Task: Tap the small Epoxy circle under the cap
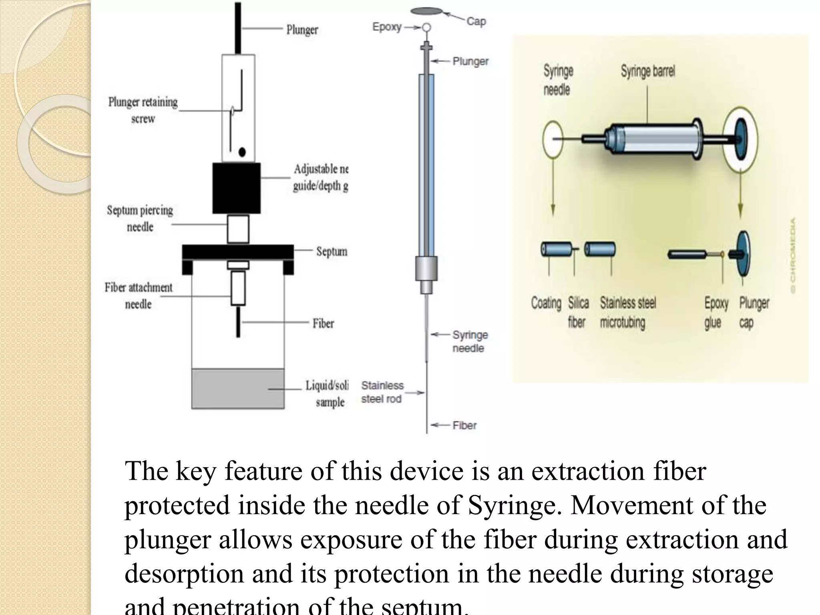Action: pos(427,28)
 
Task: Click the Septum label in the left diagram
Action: pos(332,251)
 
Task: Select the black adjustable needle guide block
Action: pos(236,188)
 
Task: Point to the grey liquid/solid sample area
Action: pos(238,388)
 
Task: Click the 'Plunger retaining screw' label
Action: pos(143,110)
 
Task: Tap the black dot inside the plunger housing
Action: pos(242,152)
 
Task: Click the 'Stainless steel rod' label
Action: pos(382,392)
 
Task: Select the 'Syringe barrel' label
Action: pos(647,72)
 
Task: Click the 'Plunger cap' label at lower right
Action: pos(754,313)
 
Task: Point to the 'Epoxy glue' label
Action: pos(716,313)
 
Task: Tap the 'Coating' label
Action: pos(546,303)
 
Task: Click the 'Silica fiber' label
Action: pos(578,313)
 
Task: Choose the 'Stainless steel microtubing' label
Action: pos(627,313)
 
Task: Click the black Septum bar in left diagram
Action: pos(238,252)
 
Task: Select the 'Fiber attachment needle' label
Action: pos(139,295)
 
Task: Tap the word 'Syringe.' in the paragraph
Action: pos(515,505)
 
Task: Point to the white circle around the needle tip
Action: pos(553,139)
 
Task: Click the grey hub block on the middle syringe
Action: pos(426,268)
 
